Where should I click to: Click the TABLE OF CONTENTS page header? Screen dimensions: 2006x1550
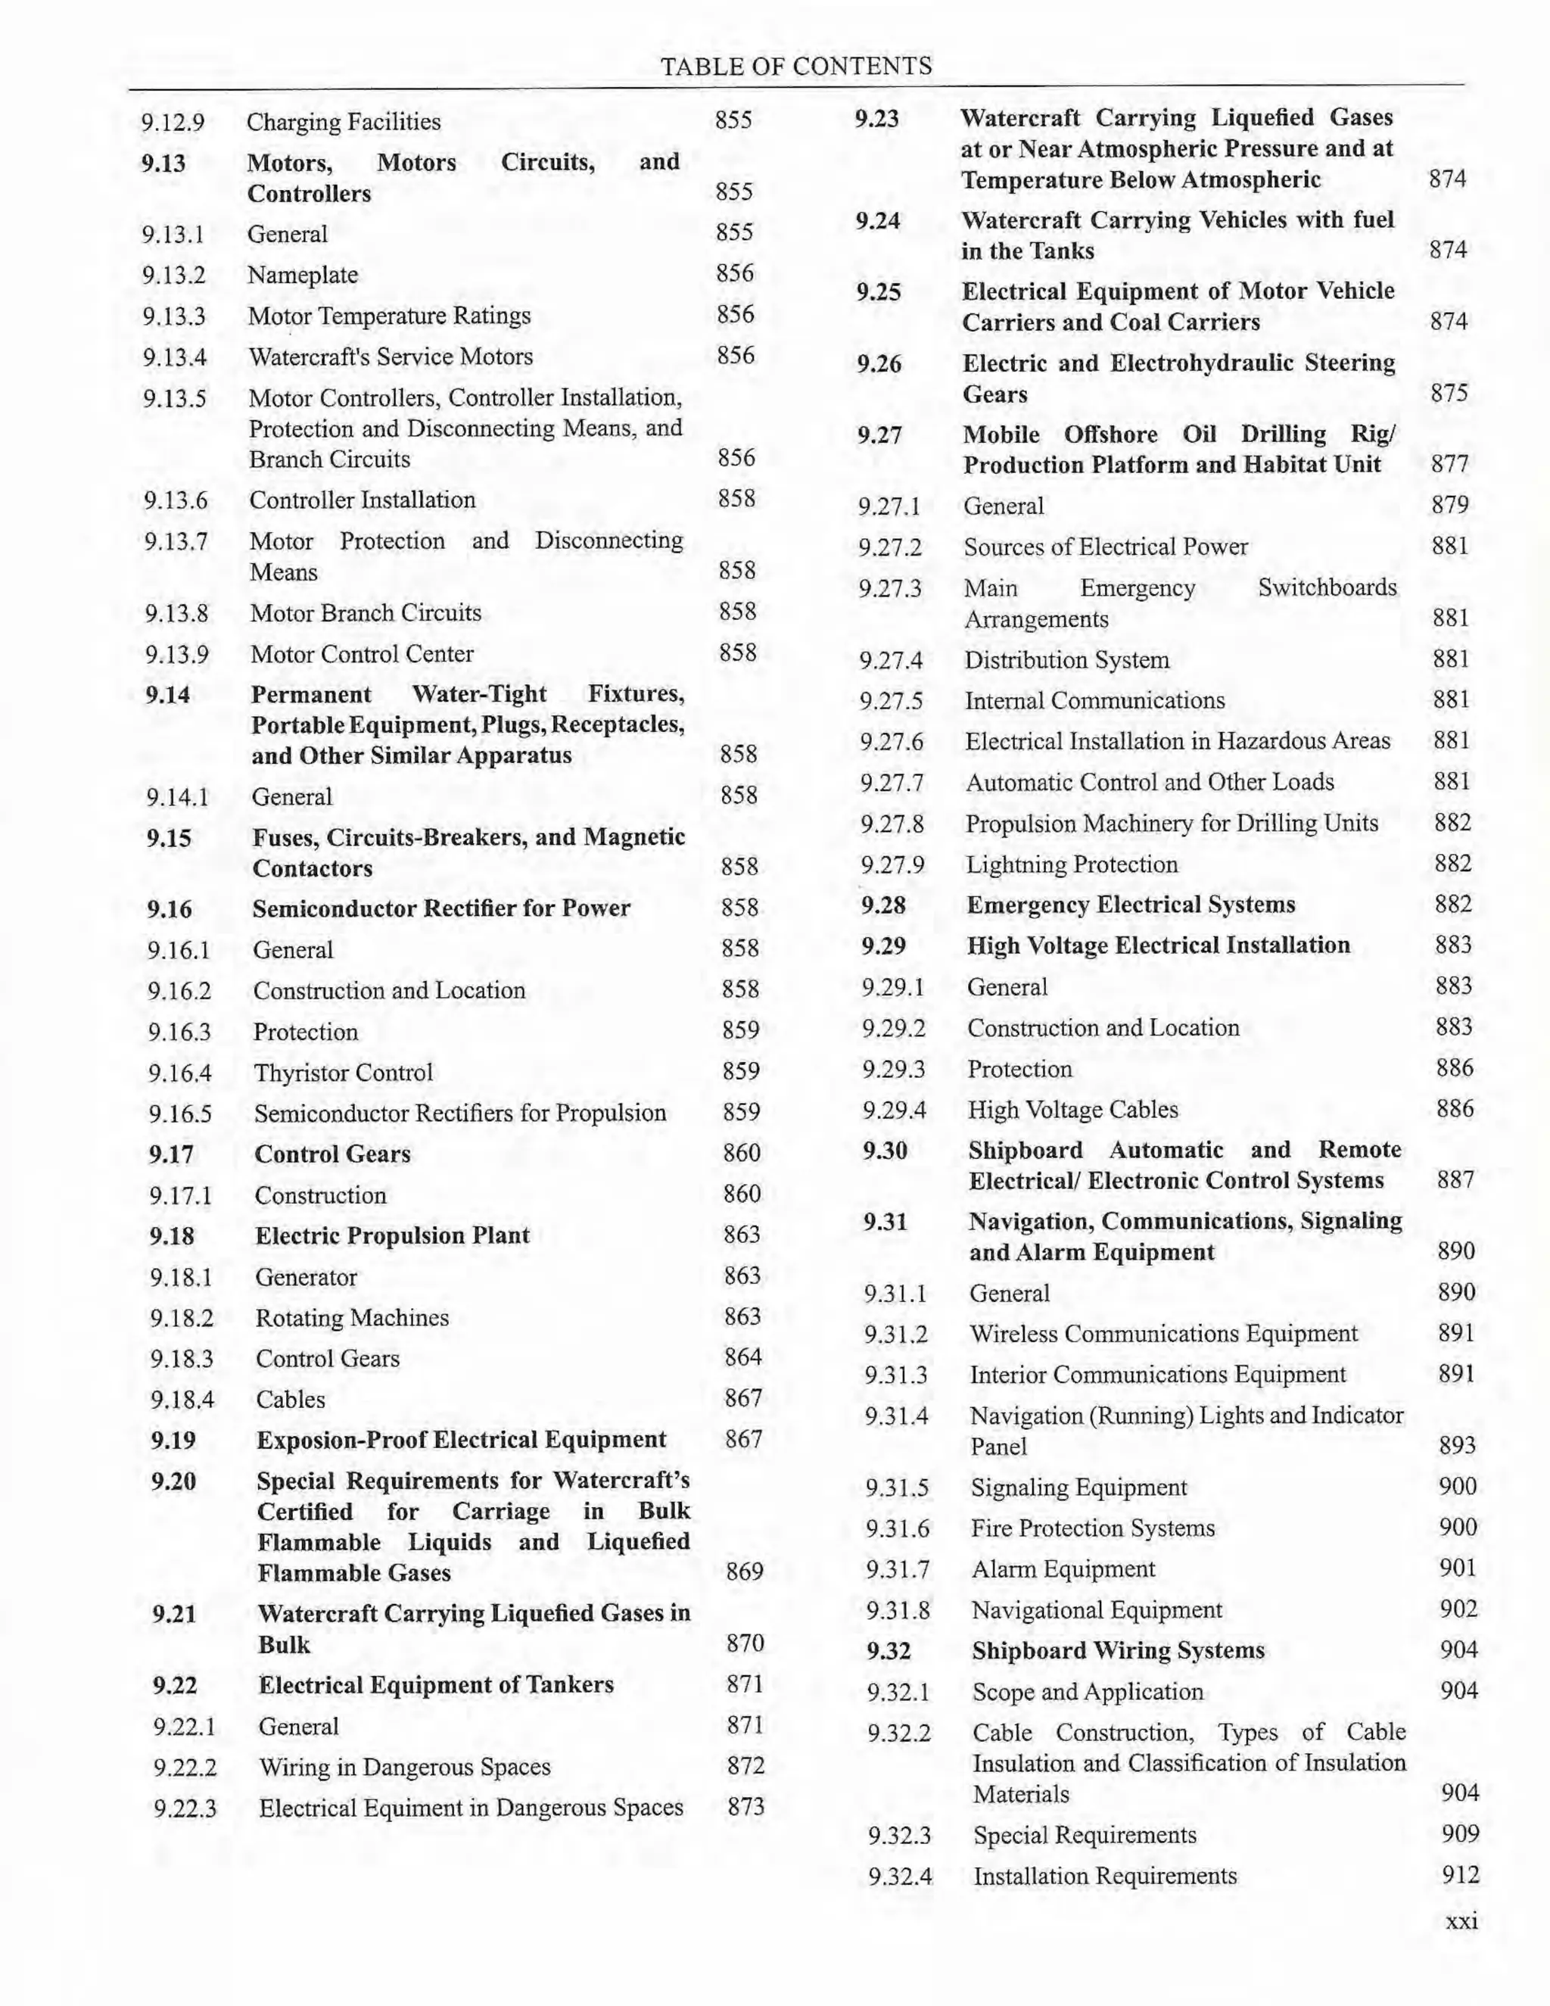coord(796,66)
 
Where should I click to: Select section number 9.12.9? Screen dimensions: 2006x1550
coord(173,122)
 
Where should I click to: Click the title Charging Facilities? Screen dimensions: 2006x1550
coord(344,121)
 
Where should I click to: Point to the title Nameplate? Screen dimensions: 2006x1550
coord(303,275)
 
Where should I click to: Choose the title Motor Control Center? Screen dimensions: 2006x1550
coord(362,654)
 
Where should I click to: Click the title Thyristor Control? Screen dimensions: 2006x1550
coord(344,1073)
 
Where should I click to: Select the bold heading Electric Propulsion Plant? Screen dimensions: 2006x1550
coord(392,1235)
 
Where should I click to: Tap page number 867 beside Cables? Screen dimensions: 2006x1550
coord(743,1398)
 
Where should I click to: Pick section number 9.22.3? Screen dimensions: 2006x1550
coord(185,1808)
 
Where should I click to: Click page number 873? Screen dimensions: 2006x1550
coord(745,1807)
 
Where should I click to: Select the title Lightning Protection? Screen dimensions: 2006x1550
coord(1072,864)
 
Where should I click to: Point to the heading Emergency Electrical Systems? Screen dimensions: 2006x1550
coord(1131,905)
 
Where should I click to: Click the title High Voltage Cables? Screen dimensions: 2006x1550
coord(1072,1110)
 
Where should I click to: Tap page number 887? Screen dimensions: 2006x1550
coord(1455,1179)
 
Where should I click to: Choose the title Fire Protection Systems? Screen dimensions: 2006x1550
coord(1093,1528)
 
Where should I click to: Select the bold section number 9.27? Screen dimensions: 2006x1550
coord(879,435)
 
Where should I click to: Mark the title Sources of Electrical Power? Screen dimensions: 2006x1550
coord(1106,547)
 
